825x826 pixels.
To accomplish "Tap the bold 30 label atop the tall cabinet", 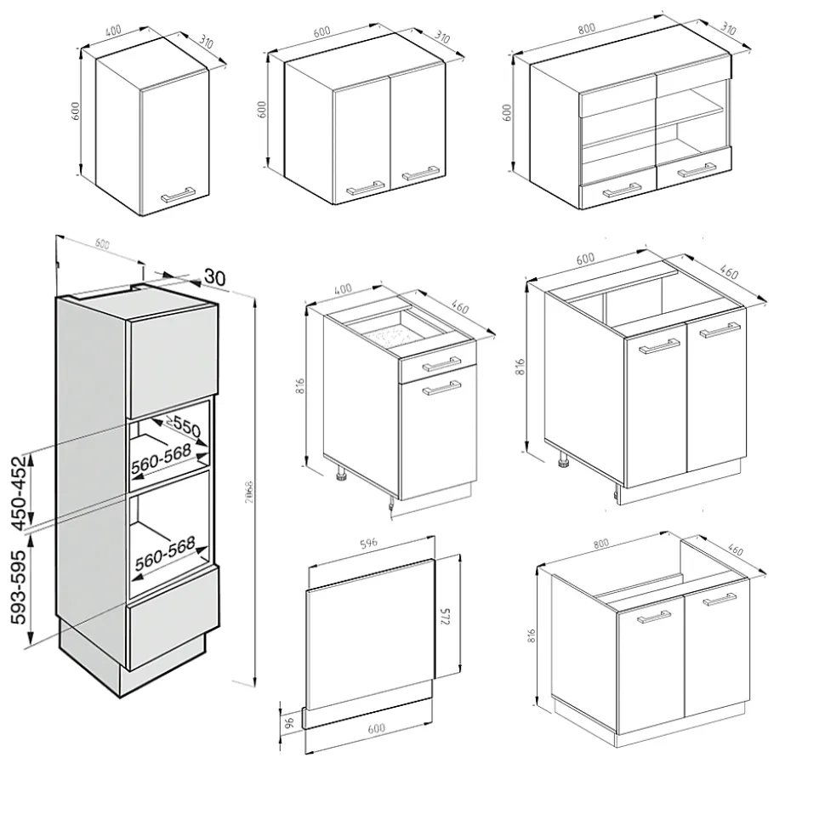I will tap(214, 276).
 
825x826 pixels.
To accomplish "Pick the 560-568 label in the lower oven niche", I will tap(164, 553).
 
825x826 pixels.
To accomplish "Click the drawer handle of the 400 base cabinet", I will tap(441, 365).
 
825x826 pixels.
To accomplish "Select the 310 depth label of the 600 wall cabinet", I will tap(442, 38).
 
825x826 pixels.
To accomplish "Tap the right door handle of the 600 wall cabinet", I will tap(420, 175).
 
